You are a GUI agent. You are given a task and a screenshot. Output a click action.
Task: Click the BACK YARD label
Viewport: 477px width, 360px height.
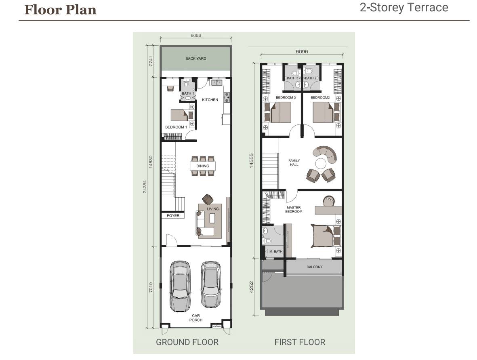(195, 59)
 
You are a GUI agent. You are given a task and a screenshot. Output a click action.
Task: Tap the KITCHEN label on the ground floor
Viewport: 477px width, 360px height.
(210, 99)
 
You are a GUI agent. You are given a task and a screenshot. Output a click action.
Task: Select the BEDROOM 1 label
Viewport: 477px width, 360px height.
(176, 127)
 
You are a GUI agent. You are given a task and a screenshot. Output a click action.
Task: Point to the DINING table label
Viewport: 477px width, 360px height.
(203, 166)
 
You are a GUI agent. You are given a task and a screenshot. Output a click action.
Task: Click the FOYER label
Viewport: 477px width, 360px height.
(173, 215)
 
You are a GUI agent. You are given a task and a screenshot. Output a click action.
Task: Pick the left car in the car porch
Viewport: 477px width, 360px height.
(181, 286)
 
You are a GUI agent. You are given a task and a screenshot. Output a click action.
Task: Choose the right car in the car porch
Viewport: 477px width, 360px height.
(210, 284)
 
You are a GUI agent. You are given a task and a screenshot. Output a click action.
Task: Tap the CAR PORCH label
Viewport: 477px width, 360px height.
(196, 318)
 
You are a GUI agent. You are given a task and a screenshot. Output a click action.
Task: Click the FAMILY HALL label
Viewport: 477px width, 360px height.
(294, 162)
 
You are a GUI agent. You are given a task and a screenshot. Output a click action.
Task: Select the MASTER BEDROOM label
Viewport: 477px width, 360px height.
(294, 209)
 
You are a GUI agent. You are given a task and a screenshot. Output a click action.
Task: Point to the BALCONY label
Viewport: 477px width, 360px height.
(315, 267)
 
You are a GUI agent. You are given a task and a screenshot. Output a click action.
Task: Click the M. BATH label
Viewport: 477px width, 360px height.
(276, 251)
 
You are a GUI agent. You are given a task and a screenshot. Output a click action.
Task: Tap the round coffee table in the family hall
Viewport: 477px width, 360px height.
(321, 164)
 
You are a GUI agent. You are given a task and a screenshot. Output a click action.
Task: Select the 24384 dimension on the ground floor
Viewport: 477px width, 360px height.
(145, 187)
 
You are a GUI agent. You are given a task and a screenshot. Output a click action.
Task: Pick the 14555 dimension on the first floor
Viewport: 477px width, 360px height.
(251, 160)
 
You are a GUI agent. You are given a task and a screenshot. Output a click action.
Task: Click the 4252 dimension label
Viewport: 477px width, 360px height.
(251, 287)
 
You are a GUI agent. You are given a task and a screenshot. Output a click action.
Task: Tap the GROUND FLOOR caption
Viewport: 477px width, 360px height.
(187, 342)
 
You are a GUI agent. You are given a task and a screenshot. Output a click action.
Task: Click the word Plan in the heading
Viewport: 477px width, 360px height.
(81, 10)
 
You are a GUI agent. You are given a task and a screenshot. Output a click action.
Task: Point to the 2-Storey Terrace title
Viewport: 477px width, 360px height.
(404, 7)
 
